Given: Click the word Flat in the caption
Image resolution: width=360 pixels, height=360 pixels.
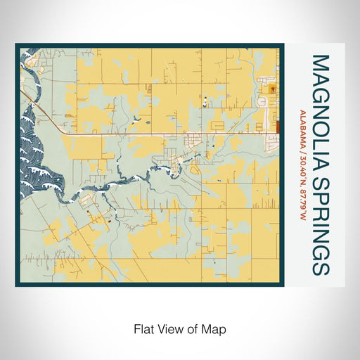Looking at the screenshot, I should [143, 328].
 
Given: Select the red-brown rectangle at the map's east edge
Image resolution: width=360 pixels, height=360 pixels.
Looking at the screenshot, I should [278, 126].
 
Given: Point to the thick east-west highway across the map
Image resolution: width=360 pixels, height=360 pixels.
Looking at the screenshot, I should [141, 132].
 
